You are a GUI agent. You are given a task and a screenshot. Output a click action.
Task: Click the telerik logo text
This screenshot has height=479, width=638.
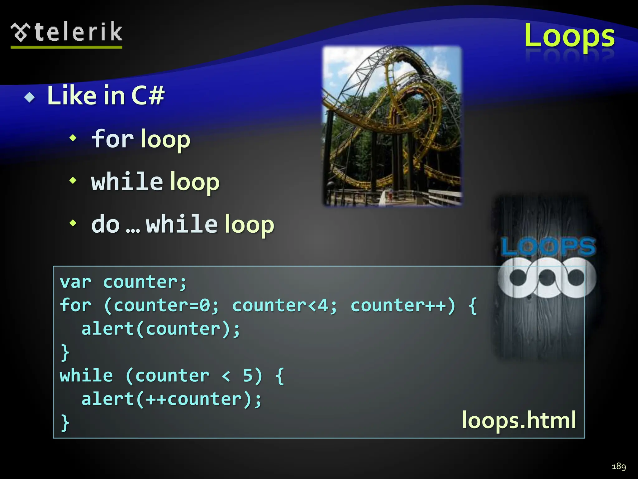[78, 32]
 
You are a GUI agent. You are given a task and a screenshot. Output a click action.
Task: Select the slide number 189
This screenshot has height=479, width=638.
[619, 466]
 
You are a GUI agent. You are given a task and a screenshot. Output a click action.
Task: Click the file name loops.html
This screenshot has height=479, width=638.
[519, 420]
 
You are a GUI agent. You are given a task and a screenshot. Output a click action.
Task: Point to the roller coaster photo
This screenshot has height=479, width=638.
[392, 126]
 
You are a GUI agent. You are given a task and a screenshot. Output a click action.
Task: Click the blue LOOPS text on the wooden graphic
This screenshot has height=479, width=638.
[548, 246]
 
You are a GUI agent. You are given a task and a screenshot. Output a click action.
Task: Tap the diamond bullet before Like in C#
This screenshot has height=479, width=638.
[30, 97]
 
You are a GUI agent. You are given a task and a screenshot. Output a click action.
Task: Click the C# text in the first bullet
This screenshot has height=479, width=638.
[148, 95]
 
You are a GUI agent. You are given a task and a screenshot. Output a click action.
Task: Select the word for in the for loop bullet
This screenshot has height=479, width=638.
[112, 139]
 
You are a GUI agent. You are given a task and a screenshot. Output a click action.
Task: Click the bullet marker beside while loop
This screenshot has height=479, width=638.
[73, 181]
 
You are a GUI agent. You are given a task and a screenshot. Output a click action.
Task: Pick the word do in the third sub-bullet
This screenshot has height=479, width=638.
[105, 224]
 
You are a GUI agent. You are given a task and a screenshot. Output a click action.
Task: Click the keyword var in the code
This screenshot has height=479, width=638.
[75, 282]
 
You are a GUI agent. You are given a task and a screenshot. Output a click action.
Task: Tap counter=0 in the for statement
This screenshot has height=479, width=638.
[162, 305]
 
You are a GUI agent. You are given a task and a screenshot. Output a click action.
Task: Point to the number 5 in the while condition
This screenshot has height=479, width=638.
[248, 375]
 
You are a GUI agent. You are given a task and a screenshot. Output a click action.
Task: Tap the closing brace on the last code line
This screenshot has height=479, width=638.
[65, 423]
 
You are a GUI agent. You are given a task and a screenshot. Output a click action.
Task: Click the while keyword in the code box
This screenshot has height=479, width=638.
[86, 375]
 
